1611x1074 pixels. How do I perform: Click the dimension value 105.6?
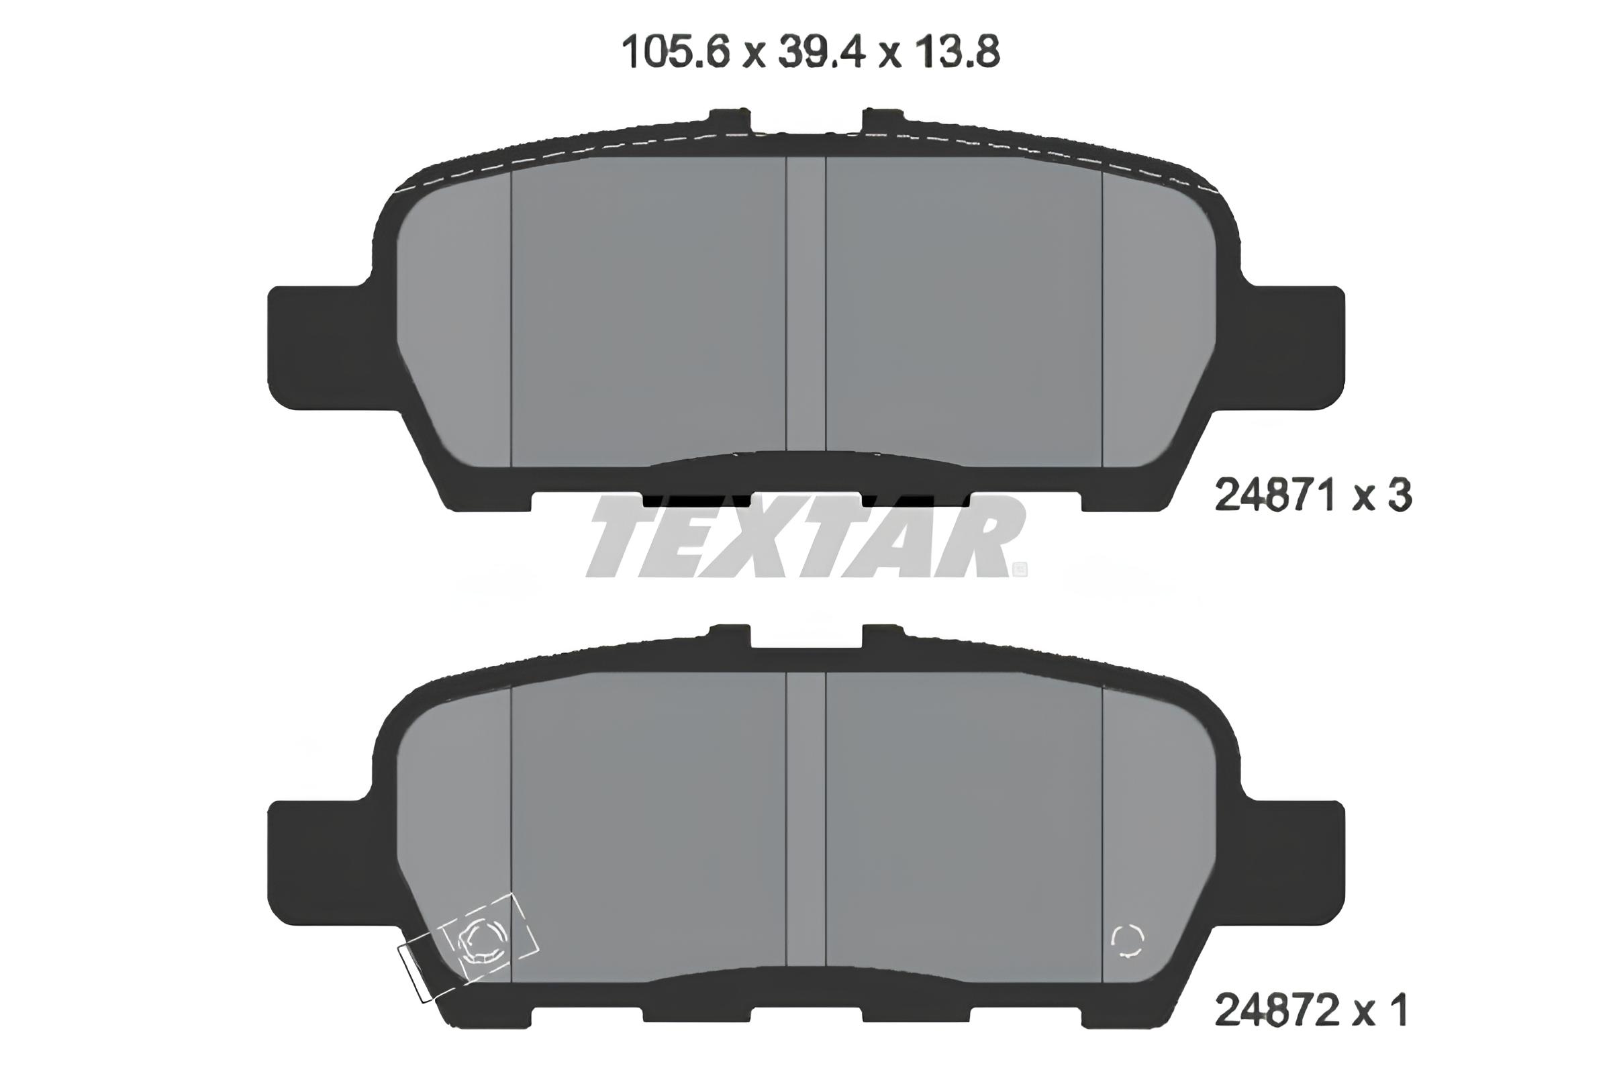pyautogui.click(x=675, y=53)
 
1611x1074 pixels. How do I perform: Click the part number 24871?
pyautogui.click(x=1275, y=496)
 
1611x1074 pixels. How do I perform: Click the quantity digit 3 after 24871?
pyautogui.click(x=1400, y=496)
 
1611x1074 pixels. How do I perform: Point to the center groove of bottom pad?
pyautogui.click(x=805, y=822)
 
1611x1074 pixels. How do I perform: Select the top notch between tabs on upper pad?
pyautogui.click(x=805, y=124)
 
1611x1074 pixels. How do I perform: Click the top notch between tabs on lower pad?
pyautogui.click(x=805, y=638)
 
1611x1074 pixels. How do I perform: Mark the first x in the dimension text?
pyautogui.click(x=753, y=55)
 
